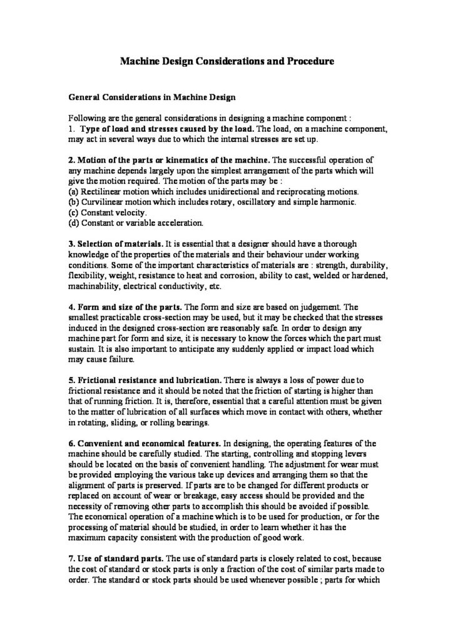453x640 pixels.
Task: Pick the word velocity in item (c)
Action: (x=131, y=212)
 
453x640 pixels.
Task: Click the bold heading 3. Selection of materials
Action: (x=116, y=243)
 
